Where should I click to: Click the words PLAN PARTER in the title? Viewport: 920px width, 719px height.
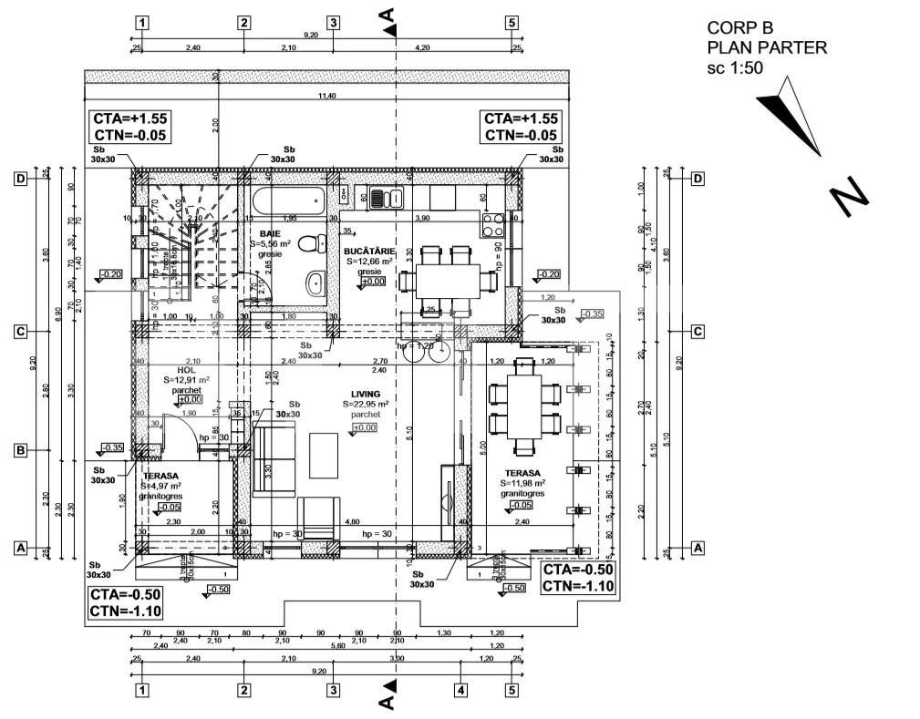[x=767, y=47]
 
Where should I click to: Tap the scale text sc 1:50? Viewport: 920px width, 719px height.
[x=735, y=67]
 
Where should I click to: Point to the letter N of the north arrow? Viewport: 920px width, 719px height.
[x=849, y=197]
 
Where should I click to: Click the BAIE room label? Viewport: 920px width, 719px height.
[x=270, y=233]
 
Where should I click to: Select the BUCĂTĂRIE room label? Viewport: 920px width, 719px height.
[x=368, y=250]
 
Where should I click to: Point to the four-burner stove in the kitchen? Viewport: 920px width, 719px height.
[x=493, y=224]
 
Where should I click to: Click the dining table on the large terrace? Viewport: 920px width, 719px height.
[x=523, y=406]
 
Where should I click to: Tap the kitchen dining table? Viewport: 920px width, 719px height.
[x=447, y=281]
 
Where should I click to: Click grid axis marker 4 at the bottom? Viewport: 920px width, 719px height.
[x=461, y=690]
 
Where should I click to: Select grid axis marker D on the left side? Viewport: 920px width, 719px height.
[x=19, y=179]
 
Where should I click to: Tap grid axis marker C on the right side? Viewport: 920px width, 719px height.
[x=698, y=332]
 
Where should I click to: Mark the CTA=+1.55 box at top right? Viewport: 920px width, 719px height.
[x=521, y=127]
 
